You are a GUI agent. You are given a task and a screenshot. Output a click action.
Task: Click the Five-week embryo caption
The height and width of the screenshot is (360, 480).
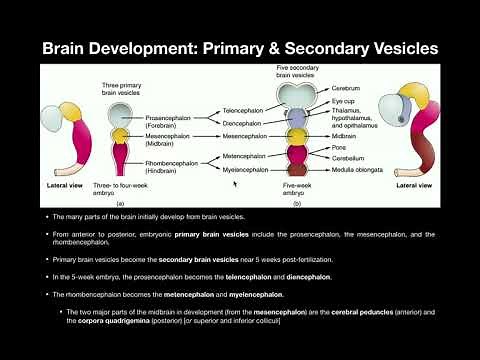point(293,190)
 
